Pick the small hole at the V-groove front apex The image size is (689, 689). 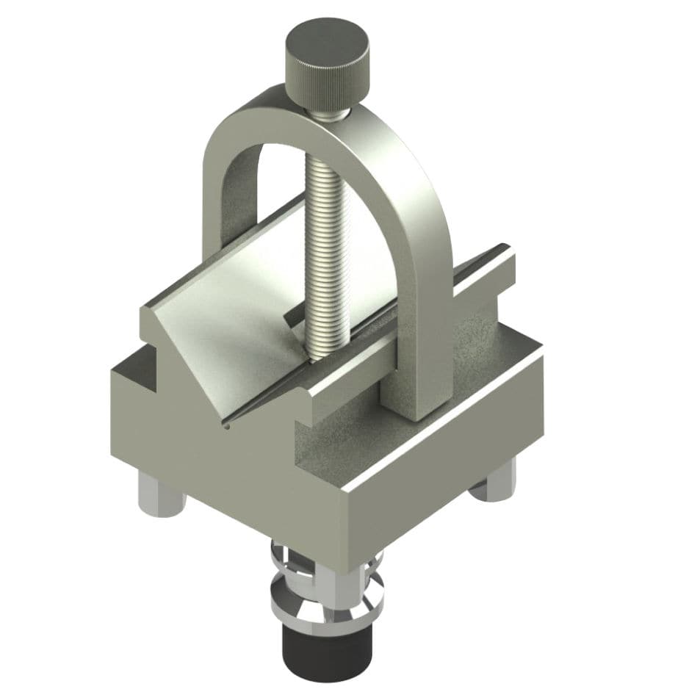pyautogui.click(x=230, y=424)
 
